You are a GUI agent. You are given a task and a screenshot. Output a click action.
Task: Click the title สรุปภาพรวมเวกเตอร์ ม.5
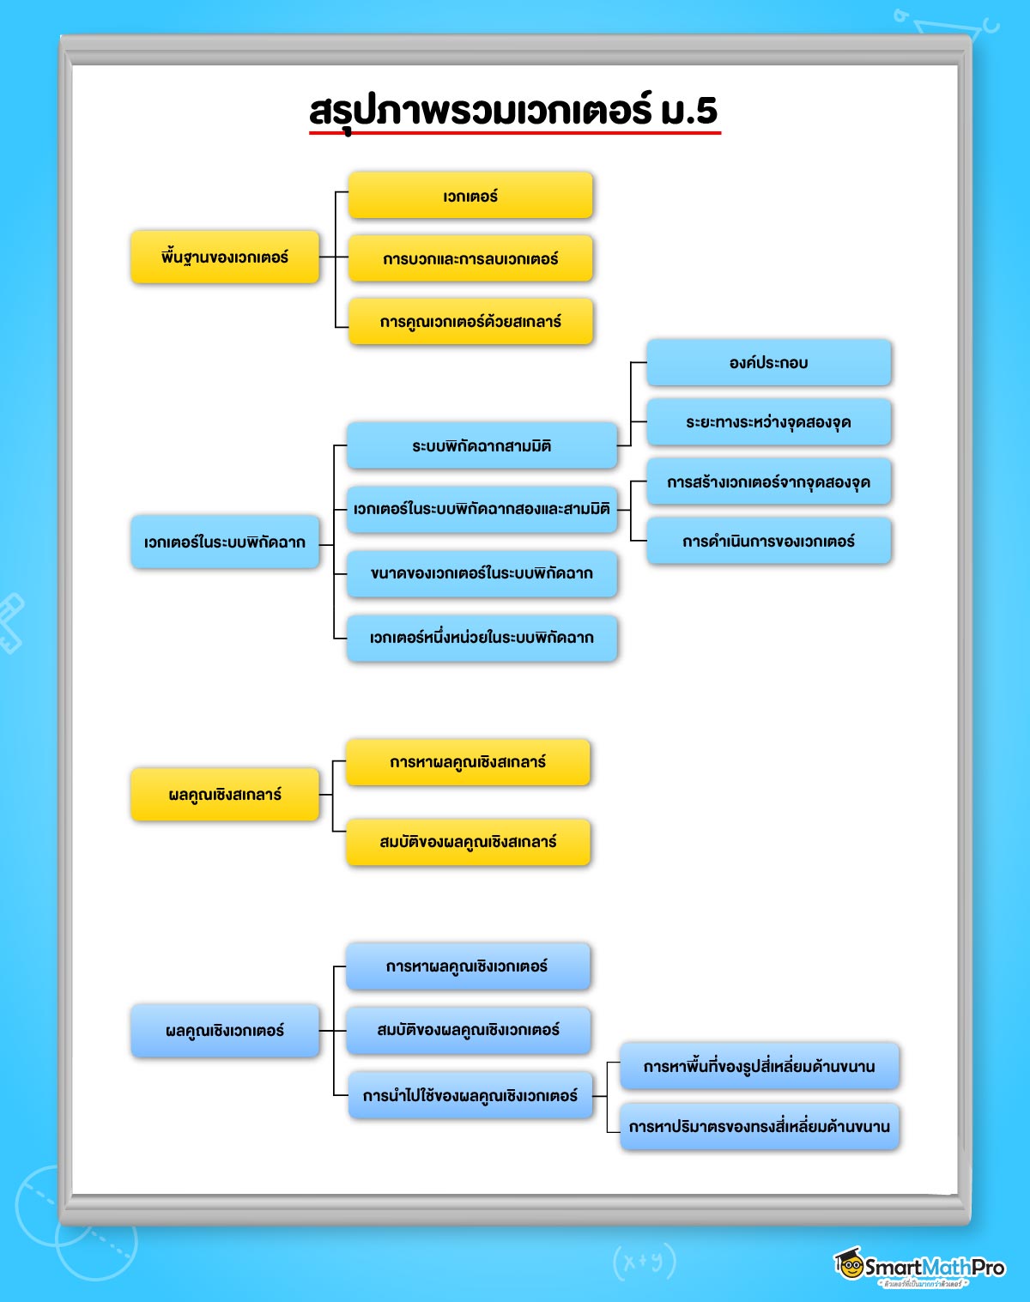[513, 112]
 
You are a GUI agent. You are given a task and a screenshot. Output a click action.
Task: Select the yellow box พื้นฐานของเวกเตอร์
[225, 257]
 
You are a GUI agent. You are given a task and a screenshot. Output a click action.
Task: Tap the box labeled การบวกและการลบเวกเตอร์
[470, 258]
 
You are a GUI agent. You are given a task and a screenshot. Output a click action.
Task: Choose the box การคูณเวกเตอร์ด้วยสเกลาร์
[470, 322]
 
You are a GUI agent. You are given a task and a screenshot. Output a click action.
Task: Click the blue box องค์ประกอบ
[768, 362]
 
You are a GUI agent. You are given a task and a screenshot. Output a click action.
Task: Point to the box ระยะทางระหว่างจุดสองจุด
[768, 421]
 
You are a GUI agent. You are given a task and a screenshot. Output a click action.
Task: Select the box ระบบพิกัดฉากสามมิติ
[482, 445]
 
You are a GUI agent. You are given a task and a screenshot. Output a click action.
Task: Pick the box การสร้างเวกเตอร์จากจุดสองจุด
[768, 481]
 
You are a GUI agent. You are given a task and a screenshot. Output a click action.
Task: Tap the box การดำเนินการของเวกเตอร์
[768, 541]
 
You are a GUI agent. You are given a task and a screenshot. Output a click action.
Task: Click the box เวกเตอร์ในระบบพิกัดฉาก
[225, 542]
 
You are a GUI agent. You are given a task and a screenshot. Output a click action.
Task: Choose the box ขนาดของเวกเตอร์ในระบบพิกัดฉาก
[482, 573]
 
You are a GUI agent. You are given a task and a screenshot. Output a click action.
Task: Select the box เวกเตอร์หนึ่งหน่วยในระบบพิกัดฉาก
[482, 638]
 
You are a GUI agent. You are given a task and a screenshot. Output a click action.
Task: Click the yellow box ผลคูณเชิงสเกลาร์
[225, 795]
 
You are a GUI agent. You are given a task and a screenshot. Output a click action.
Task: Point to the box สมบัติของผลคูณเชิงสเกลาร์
[468, 842]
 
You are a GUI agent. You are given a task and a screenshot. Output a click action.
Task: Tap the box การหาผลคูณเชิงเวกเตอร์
[468, 966]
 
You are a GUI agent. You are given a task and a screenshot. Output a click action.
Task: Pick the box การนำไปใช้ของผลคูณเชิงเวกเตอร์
[470, 1095]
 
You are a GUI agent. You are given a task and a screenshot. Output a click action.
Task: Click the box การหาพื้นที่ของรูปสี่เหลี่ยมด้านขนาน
[759, 1066]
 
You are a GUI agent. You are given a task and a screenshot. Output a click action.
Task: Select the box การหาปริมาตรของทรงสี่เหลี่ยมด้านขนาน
[759, 1126]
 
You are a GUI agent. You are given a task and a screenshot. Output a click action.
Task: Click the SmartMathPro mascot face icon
[850, 1264]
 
